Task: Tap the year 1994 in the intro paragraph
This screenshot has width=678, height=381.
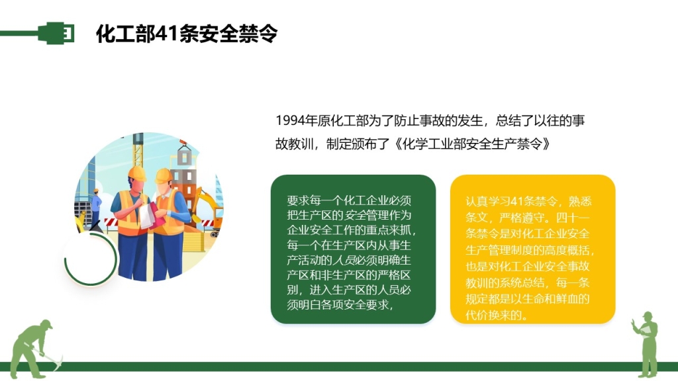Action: (290, 120)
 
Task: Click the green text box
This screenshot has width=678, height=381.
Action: (353, 249)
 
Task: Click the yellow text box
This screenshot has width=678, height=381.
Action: (532, 249)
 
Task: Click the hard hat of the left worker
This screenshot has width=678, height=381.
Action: (137, 174)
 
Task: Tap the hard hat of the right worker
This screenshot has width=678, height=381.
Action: (164, 176)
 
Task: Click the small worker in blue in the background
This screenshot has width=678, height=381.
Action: (95, 208)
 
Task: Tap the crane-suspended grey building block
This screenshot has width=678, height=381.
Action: (185, 156)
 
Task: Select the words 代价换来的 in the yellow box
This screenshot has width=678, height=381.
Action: (493, 315)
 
